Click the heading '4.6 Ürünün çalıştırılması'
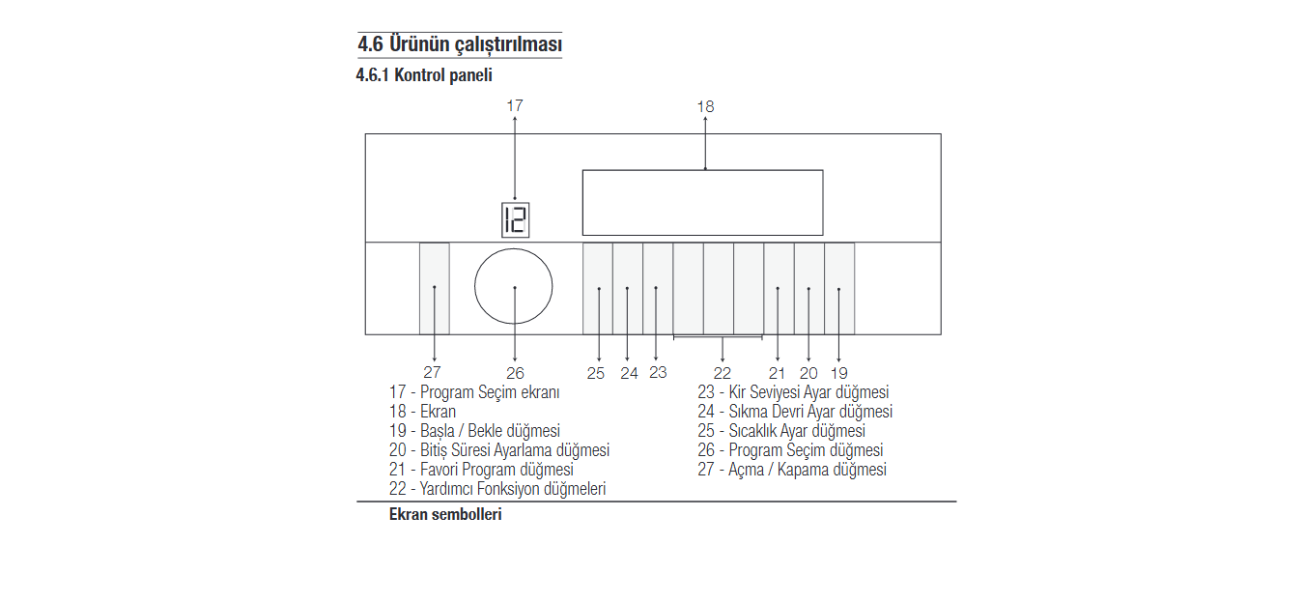click(x=460, y=44)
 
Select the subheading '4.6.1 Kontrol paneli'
click(x=424, y=75)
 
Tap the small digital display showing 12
click(x=515, y=219)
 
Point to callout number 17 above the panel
click(x=515, y=105)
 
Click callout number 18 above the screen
click(x=705, y=106)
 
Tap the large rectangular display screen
click(x=702, y=203)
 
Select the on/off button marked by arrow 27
click(x=435, y=288)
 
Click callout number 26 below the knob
click(x=515, y=373)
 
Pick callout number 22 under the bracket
click(x=722, y=373)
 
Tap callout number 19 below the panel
click(x=838, y=373)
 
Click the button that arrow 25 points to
click(x=598, y=288)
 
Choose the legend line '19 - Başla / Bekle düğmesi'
click(x=474, y=431)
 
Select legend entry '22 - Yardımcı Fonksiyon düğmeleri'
click(x=497, y=489)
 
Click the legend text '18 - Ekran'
click(x=423, y=412)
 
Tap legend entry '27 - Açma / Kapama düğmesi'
click(x=792, y=470)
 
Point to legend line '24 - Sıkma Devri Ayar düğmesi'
click(x=795, y=412)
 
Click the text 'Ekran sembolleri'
click(x=445, y=514)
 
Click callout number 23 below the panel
click(x=658, y=372)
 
